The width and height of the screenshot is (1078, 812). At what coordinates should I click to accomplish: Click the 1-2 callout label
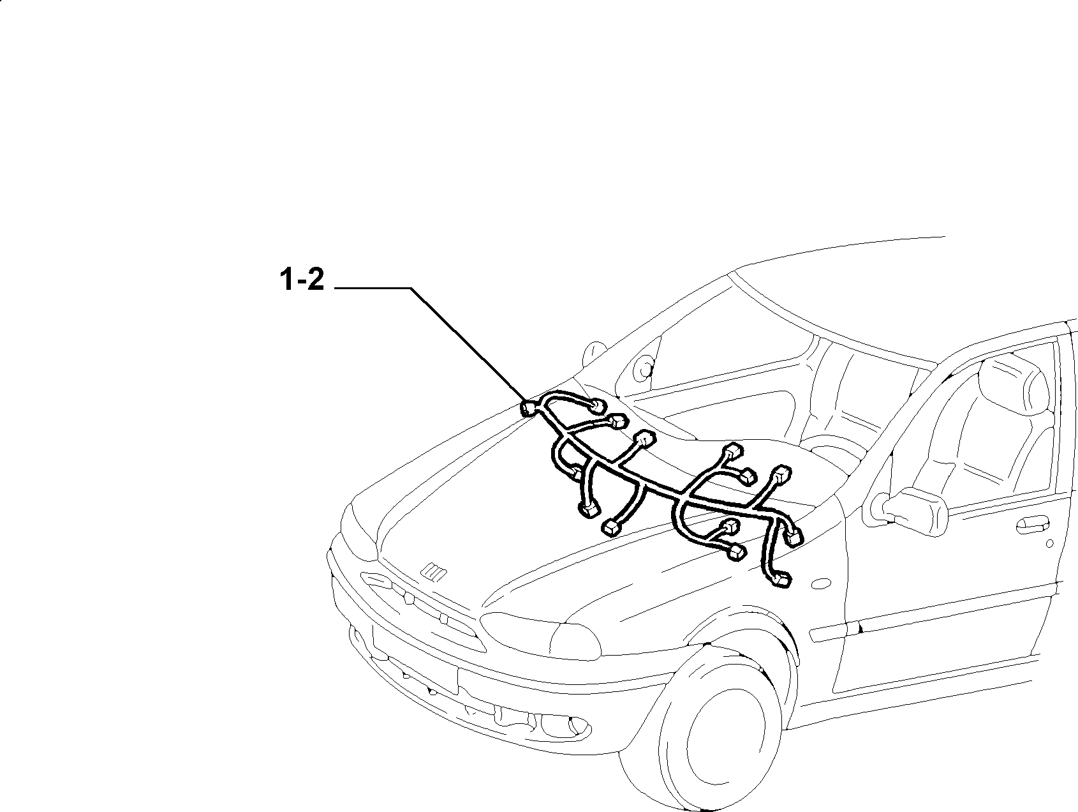(302, 281)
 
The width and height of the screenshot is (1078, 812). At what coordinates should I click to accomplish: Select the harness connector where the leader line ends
(529, 408)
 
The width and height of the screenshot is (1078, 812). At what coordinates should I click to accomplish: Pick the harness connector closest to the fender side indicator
(781, 579)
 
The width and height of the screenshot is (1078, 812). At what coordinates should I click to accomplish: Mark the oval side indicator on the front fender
(818, 583)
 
